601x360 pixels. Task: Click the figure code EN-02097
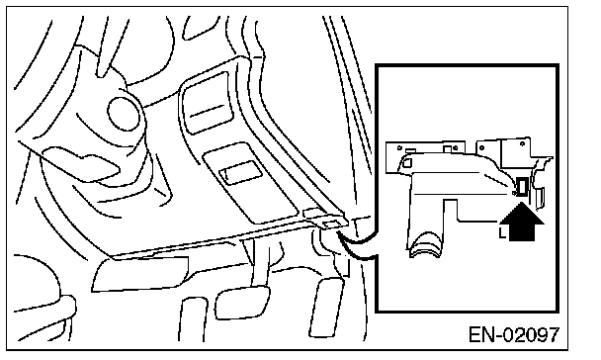pyautogui.click(x=514, y=334)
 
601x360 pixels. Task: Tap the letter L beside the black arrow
pyautogui.click(x=502, y=232)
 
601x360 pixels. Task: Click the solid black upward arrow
pyautogui.click(x=522, y=223)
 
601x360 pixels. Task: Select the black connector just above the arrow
pyautogui.click(x=522, y=187)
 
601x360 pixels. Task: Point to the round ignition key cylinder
pyautogui.click(x=123, y=113)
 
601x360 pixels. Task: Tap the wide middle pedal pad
pyautogui.click(x=242, y=303)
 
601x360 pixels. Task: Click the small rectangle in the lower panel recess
pyautogui.click(x=241, y=172)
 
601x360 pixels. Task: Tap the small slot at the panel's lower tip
pyautogui.click(x=329, y=225)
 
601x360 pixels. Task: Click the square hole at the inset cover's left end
pyautogui.click(x=406, y=162)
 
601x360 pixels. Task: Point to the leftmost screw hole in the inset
pyautogui.click(x=399, y=147)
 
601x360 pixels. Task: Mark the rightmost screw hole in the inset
pyautogui.click(x=522, y=144)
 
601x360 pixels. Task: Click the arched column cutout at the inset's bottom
pyautogui.click(x=425, y=244)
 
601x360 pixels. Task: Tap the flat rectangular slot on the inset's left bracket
pyautogui.click(x=410, y=151)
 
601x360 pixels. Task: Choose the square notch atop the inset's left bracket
pyautogui.click(x=448, y=149)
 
